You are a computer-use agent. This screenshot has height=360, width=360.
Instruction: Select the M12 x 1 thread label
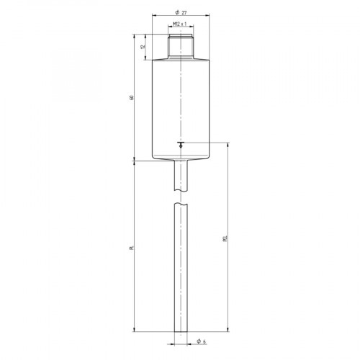pos(180,24)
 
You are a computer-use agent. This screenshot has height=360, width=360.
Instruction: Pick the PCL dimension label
pos(225,238)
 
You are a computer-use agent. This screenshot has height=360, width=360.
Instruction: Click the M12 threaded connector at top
pos(180,45)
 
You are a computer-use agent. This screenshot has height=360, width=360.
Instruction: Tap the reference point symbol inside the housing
pos(180,144)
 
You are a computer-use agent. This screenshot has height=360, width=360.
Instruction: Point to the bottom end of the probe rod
pos(180,330)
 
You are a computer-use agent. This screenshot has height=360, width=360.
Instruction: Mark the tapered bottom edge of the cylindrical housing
pos(180,159)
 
